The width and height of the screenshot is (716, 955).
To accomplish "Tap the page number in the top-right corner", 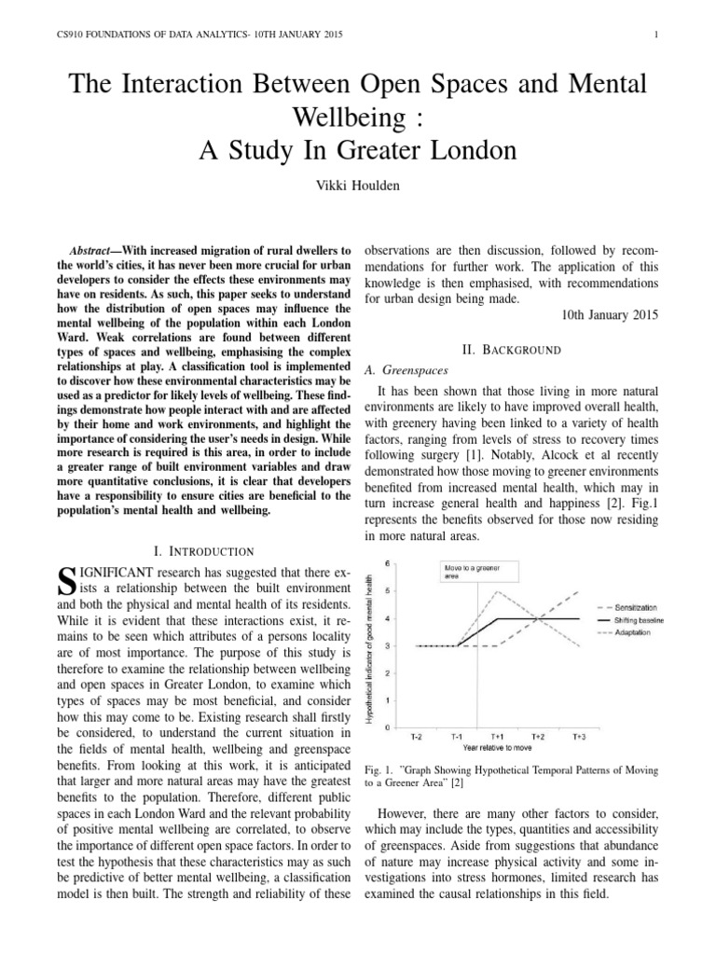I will coord(658,35).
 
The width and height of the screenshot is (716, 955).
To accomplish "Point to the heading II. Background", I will coord(511,350).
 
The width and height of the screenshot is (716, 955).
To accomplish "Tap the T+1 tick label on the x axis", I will coord(500,737).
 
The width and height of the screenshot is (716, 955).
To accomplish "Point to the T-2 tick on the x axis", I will coord(416,737).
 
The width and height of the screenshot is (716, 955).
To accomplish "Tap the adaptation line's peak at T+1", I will coord(500,591).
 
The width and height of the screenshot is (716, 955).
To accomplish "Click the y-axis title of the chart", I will coord(371,644).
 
